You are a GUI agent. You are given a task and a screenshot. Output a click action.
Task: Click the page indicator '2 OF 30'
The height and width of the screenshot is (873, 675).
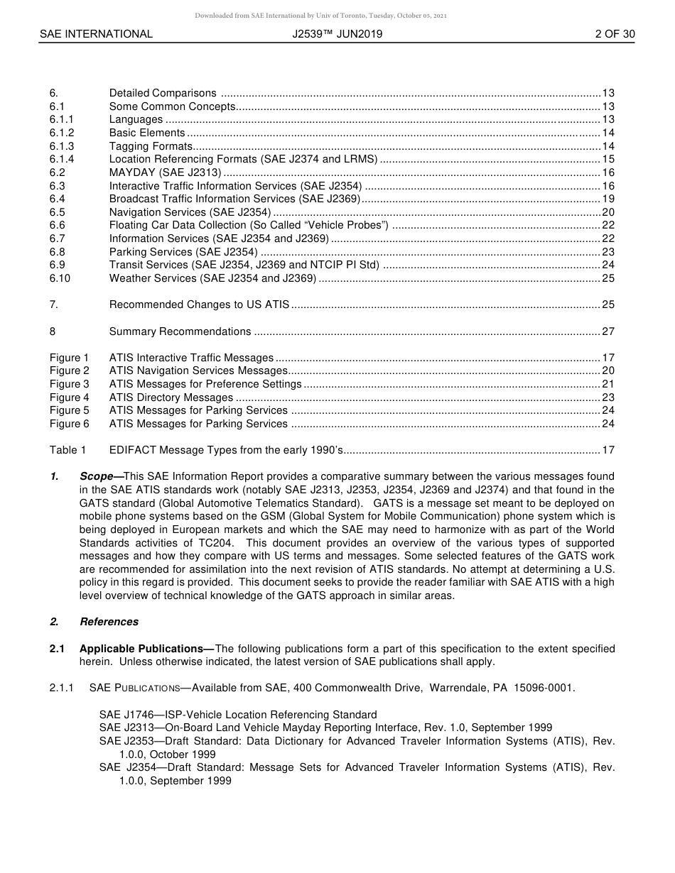[x=615, y=33]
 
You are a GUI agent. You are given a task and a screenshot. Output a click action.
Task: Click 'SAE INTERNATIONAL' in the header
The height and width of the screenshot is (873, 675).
[x=96, y=33]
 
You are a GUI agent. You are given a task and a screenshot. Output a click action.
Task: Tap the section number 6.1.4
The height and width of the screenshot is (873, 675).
[x=62, y=160]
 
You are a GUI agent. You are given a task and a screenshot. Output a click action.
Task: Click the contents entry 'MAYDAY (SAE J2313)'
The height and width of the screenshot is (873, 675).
[x=165, y=172]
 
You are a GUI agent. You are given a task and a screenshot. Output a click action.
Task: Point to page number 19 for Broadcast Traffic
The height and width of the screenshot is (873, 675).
[x=608, y=199]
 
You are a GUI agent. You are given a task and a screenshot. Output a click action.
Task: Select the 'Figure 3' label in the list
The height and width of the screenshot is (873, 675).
[x=70, y=384]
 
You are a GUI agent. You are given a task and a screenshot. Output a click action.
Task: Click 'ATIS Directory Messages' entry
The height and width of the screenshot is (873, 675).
[x=171, y=397]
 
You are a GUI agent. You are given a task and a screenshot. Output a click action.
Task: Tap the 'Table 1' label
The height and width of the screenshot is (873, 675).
[x=67, y=450]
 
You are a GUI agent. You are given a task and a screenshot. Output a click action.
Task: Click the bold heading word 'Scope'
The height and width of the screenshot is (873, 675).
[x=96, y=476]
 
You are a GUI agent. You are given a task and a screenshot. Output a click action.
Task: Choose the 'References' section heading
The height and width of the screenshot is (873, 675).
[x=109, y=622]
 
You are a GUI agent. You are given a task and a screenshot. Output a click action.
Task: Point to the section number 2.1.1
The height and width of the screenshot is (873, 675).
[x=62, y=688]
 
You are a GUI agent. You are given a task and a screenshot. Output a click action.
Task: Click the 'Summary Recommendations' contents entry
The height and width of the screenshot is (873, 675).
[x=180, y=331]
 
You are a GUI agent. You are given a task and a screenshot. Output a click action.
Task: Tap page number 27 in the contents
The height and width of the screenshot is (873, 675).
[x=608, y=331]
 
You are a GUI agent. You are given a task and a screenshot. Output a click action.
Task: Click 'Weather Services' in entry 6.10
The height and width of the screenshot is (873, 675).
[x=148, y=278]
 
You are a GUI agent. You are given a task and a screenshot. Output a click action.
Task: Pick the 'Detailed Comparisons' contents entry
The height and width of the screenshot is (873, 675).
[x=163, y=93]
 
